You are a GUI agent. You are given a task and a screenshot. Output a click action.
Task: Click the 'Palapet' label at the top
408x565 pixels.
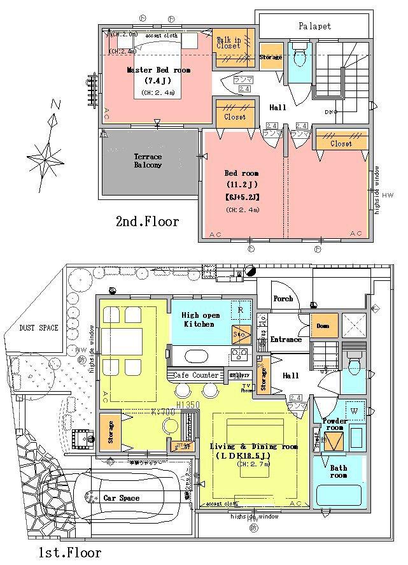[314, 26]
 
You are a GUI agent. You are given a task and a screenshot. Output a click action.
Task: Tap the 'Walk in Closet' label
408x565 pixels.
[229, 42]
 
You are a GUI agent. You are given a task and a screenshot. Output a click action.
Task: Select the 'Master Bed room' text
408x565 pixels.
[158, 70]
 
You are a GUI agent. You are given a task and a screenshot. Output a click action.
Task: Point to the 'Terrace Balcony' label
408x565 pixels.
[148, 161]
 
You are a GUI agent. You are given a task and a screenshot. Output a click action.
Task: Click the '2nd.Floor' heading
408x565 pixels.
[147, 222]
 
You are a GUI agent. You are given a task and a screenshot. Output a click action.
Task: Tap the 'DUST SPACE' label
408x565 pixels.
[39, 328]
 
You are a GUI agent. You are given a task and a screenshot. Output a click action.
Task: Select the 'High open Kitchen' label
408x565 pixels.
[200, 320]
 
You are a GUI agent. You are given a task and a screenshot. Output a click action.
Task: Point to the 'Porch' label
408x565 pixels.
[283, 298]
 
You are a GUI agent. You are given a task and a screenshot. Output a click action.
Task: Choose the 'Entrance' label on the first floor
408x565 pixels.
[286, 340]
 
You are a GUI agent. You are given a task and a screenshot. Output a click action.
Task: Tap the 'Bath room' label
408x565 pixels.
[338, 471]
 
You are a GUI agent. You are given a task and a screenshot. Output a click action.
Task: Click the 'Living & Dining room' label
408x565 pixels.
[254, 447]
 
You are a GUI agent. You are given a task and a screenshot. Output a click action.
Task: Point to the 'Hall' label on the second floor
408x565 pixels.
[278, 108]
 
